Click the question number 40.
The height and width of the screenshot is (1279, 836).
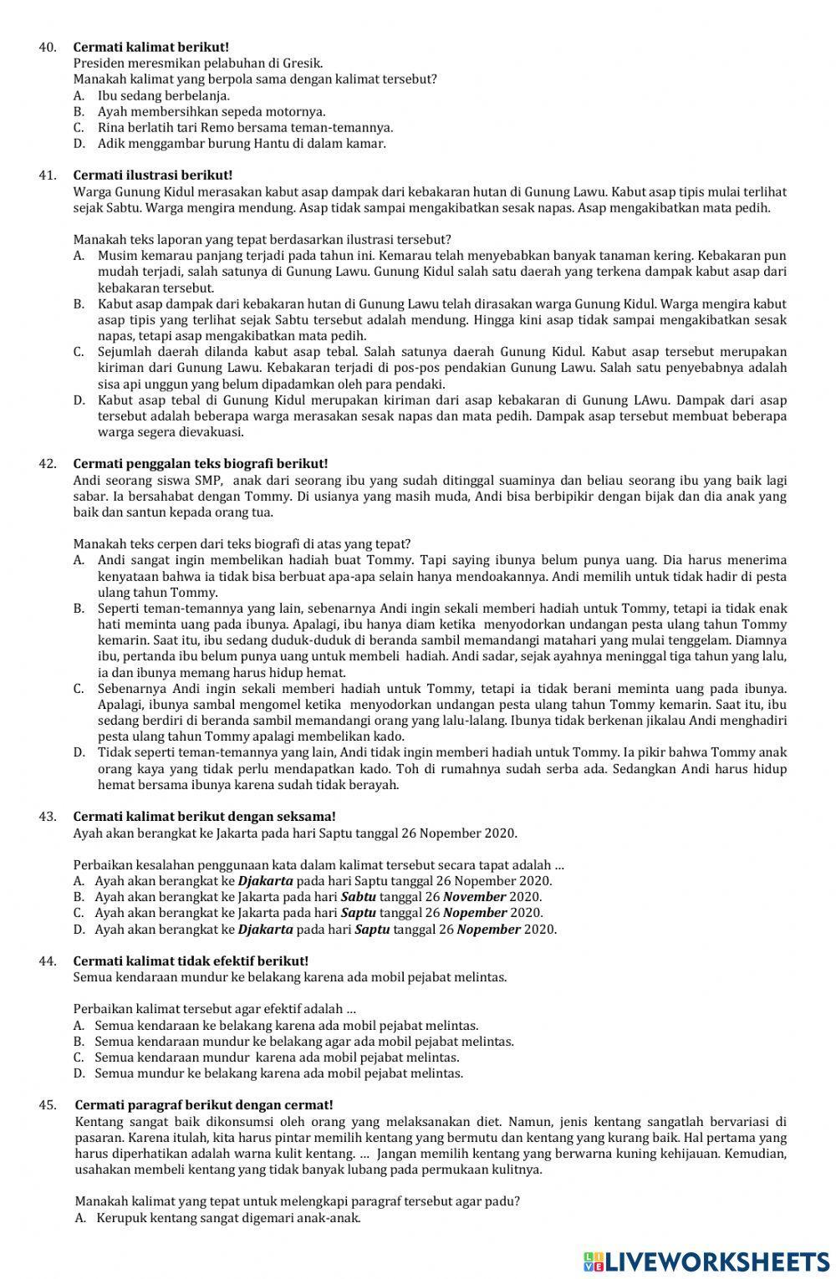47,47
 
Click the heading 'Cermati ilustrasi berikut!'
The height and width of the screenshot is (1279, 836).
153,175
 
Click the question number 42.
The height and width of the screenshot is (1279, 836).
47,464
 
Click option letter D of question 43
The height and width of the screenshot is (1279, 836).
79,929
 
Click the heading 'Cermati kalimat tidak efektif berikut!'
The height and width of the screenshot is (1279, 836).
191,961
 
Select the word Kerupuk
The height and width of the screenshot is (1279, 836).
121,1218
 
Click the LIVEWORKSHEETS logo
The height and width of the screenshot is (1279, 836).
706,1261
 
